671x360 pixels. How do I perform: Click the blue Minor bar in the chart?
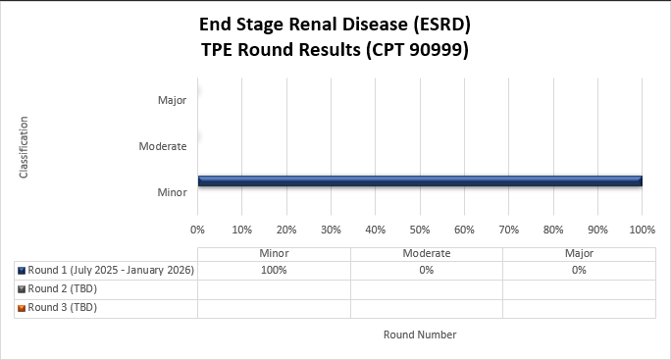point(419,180)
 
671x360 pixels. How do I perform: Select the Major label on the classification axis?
point(172,100)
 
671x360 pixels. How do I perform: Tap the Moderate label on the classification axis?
point(163,146)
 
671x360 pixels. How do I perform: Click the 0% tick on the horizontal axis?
point(197,230)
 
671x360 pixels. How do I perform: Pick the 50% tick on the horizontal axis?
point(420,230)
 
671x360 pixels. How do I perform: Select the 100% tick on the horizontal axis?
point(642,230)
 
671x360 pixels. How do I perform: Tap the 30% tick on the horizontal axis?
point(331,230)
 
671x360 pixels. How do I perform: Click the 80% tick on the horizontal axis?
point(553,230)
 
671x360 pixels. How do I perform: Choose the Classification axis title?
point(24,147)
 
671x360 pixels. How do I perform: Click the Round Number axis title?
point(420,334)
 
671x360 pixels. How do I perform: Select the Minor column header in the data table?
point(274,253)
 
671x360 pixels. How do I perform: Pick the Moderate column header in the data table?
point(426,253)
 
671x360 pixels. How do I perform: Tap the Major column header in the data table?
point(579,253)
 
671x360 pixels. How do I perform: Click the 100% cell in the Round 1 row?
point(274,270)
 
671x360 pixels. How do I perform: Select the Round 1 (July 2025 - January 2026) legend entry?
point(111,270)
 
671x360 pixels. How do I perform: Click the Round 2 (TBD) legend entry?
point(63,288)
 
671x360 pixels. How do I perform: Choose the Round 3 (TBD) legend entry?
point(63,307)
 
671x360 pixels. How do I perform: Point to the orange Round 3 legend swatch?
point(22,307)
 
